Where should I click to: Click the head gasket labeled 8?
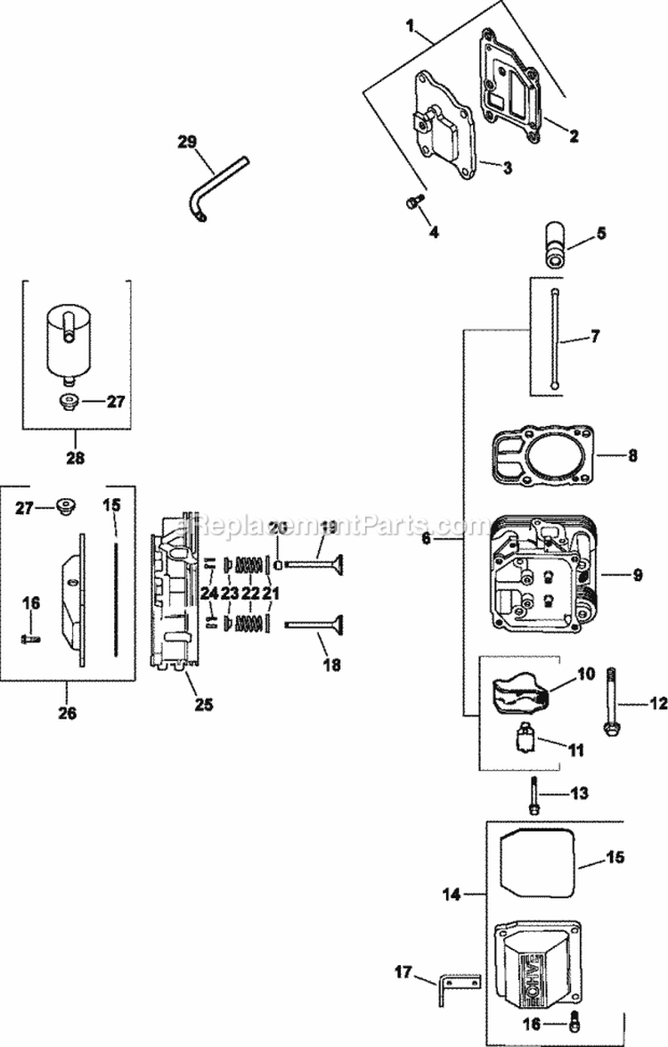(541, 454)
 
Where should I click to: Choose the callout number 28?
(76, 458)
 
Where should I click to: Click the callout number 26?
(68, 713)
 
